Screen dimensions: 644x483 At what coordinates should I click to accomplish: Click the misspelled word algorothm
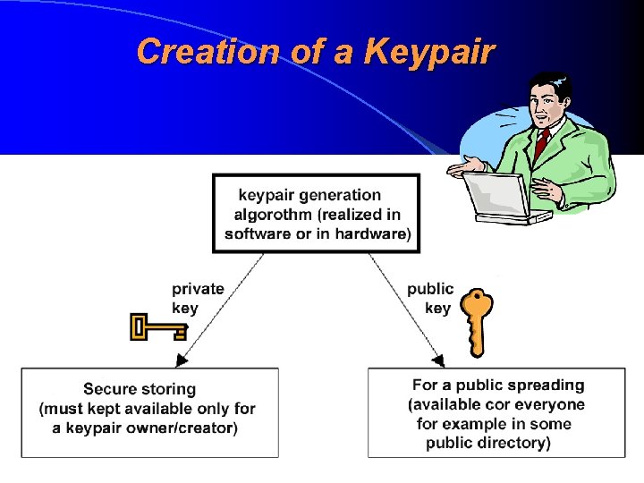coord(272,215)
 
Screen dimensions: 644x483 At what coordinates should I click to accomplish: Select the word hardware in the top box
coord(371,234)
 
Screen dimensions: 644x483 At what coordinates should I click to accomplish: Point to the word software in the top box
coord(260,234)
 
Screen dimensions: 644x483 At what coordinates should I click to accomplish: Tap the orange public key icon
coord(477,321)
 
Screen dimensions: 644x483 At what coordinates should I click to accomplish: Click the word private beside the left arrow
coord(198,289)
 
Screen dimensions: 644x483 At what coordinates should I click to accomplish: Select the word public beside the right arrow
coord(430,289)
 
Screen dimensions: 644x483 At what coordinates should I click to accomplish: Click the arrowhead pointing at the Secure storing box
coord(182,359)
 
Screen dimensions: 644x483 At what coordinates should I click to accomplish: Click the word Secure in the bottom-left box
coord(110,389)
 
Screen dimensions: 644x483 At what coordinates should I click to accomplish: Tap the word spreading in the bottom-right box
coord(545,386)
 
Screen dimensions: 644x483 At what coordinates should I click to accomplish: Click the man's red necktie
coord(542,143)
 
